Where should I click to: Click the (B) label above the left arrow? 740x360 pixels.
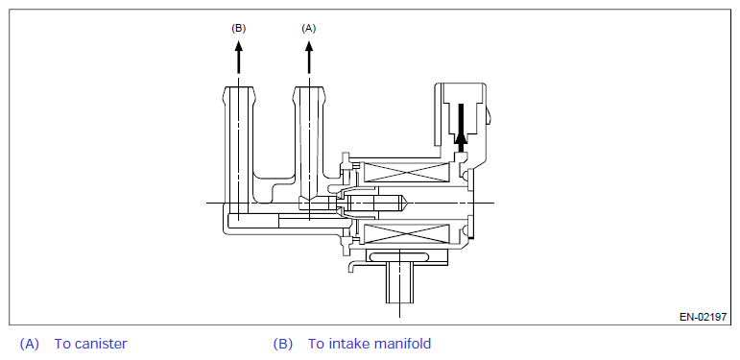pos(238,28)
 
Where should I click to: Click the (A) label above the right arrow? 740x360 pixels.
pos(309,28)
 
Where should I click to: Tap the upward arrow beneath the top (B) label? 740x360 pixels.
pos(238,57)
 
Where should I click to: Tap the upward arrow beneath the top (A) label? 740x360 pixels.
pos(309,57)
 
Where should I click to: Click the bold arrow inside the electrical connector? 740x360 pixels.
pos(461,128)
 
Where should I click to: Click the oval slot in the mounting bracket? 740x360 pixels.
pos(399,256)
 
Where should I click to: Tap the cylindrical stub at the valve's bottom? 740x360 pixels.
pos(399,284)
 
